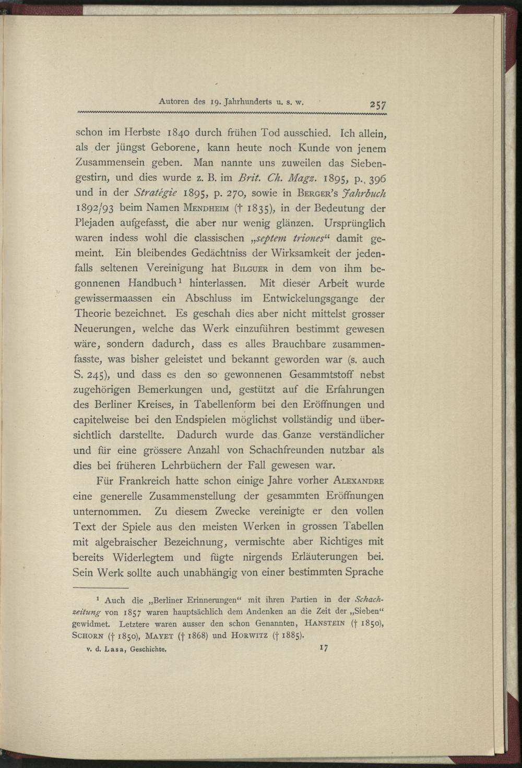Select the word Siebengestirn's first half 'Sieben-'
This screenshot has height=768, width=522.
[x=365, y=163]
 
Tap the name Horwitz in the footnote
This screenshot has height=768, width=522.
[x=254, y=635]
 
